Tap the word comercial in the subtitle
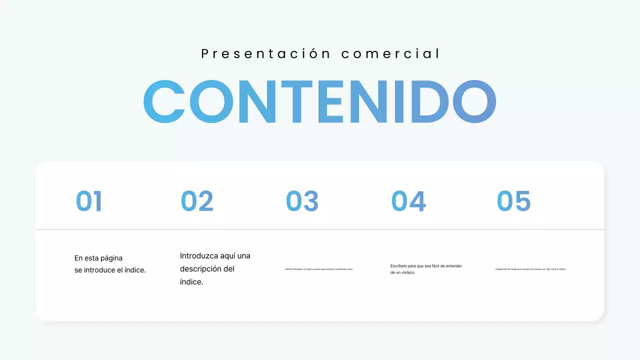point(390,54)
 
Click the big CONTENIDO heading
point(320,101)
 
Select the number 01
point(89,201)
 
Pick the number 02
point(197,201)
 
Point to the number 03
point(302,201)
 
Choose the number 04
point(408,201)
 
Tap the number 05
point(513,201)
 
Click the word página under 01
point(110,258)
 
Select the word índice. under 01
point(135,270)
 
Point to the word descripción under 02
point(202,269)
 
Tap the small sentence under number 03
point(319,269)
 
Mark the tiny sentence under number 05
point(530,269)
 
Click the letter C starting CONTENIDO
point(164,101)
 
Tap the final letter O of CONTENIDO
point(474,101)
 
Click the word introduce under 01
point(98,270)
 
